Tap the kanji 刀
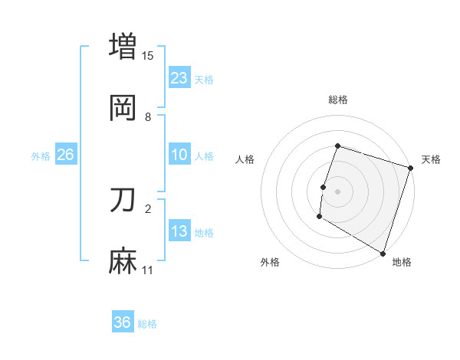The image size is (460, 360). coord(123,200)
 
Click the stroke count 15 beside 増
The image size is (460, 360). coord(148,55)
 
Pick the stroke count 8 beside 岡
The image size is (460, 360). coord(148,117)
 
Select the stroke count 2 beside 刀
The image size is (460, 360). coord(148,208)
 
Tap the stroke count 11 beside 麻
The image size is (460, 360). coord(148,270)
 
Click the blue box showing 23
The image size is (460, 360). coord(179,78)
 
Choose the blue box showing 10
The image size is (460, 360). coord(179,155)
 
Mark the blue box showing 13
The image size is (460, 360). coord(179,232)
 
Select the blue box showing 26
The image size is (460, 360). coord(65,155)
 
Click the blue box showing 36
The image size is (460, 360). coord(123,322)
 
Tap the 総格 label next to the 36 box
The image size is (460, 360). coord(148,324)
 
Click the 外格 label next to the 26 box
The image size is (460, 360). coord(41,156)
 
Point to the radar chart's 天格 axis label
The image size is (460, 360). coord(431,159)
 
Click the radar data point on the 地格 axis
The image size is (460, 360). coord(383,253)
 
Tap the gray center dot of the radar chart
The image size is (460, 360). coord(337,191)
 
